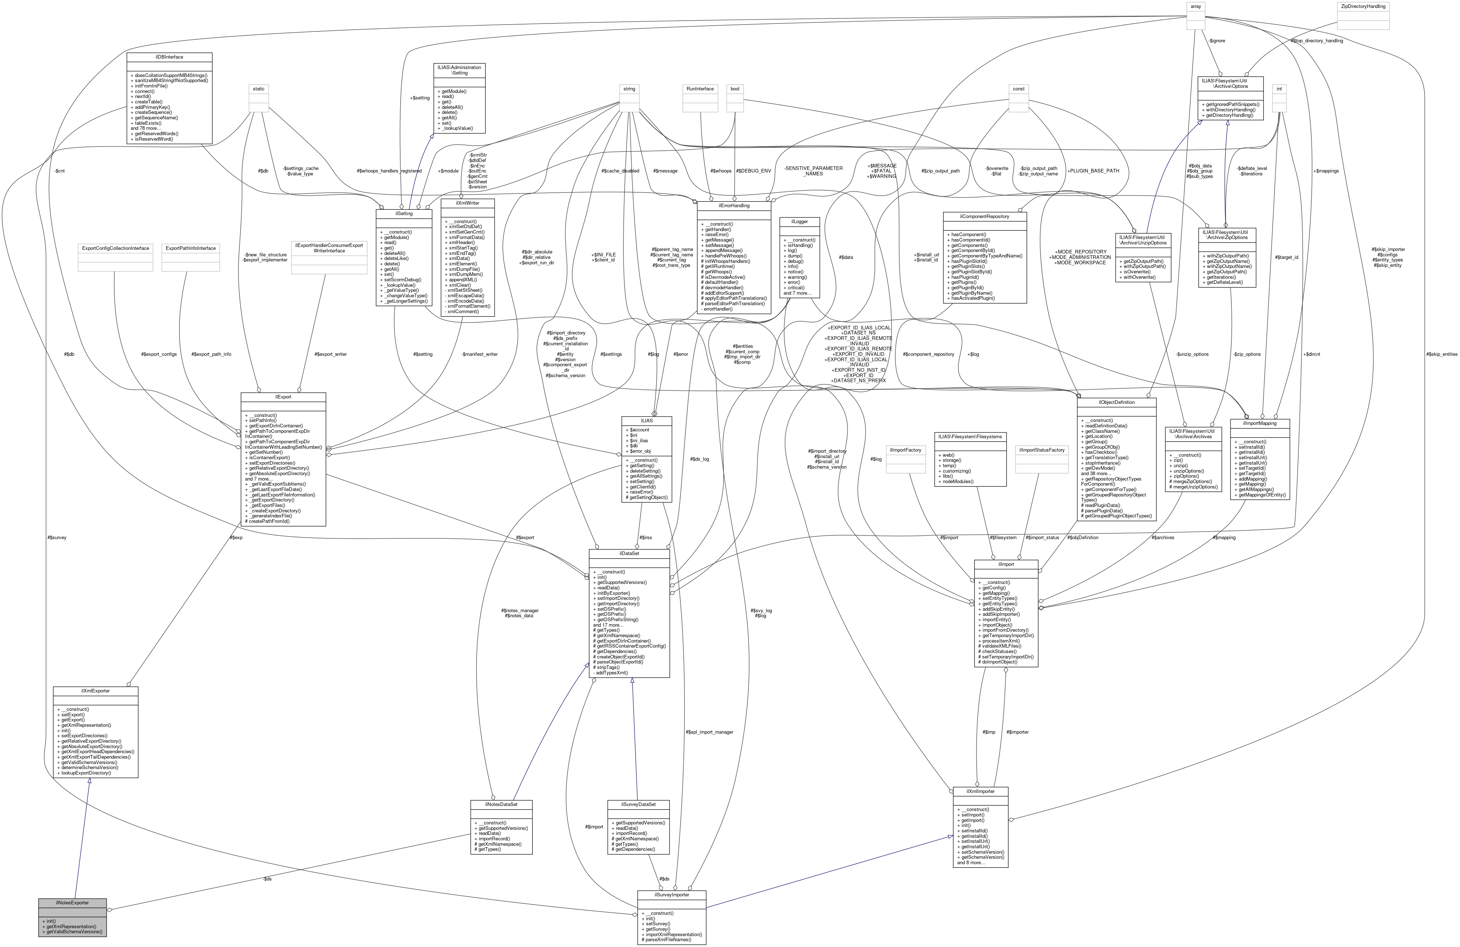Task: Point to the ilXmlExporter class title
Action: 95,691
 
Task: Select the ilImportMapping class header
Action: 1259,423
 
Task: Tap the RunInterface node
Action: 700,89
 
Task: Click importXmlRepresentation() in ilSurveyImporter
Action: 673,934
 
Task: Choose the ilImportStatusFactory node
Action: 1042,450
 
